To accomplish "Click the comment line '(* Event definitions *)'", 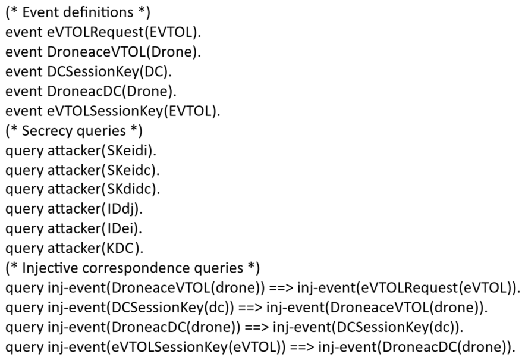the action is click(x=78, y=13).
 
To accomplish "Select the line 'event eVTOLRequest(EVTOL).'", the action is click(x=103, y=33).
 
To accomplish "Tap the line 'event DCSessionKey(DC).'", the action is click(x=89, y=72).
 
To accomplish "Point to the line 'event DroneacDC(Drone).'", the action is click(x=91, y=92).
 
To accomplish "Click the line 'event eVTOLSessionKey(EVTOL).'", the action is click(x=113, y=111).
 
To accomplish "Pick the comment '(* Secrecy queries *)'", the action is click(x=74, y=131).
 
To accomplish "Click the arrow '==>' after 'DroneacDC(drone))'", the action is click(x=257, y=328).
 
